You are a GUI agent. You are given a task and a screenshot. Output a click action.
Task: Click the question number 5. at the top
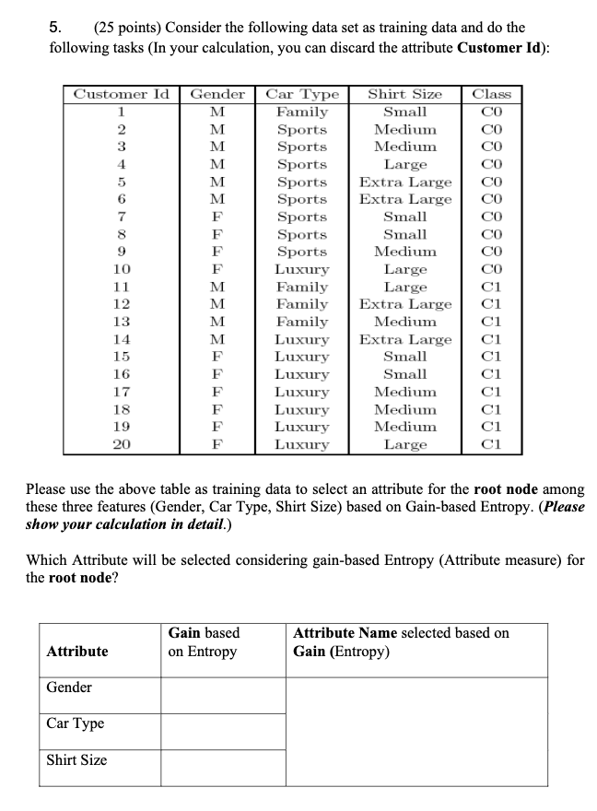(55, 26)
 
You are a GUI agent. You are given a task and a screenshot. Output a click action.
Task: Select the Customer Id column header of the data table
(121, 94)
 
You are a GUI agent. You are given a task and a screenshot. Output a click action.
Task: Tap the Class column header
(491, 94)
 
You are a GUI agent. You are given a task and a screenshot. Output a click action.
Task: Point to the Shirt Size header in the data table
(404, 94)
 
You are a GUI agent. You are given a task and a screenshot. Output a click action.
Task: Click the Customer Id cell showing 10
(121, 269)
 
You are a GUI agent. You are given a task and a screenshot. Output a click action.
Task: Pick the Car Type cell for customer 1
(302, 112)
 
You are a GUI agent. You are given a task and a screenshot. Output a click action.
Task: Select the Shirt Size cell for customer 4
(404, 164)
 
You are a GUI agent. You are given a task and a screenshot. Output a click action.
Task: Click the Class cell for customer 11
(491, 287)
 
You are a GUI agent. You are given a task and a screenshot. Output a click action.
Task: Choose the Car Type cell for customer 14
(302, 339)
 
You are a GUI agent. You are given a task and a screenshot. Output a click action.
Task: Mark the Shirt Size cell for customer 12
(404, 304)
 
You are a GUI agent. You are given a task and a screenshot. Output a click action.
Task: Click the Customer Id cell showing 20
(121, 444)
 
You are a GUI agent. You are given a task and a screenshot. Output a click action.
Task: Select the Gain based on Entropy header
(203, 642)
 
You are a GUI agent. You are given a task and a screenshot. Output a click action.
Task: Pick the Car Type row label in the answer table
(75, 723)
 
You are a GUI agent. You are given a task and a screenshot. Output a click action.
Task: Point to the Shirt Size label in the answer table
(76, 760)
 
